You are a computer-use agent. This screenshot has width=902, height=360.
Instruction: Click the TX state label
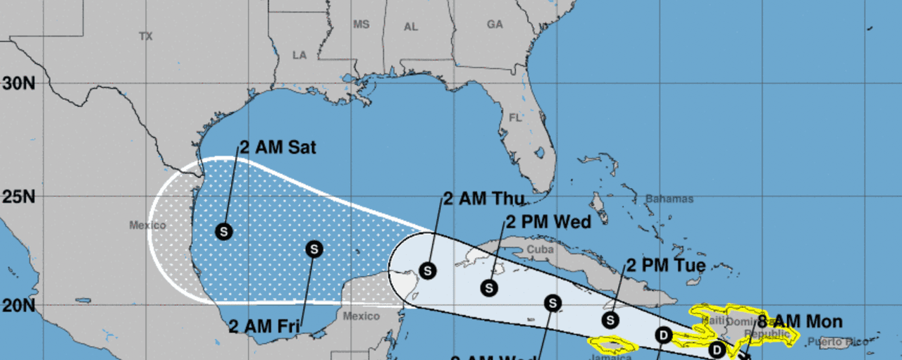point(146,36)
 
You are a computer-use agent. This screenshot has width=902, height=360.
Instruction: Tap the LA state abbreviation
point(299,55)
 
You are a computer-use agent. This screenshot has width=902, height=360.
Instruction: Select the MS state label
point(361,24)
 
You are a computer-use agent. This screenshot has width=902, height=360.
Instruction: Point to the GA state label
point(495,24)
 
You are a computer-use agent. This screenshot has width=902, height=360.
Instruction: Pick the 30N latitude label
point(19,83)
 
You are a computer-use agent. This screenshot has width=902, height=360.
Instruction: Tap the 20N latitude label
point(19,305)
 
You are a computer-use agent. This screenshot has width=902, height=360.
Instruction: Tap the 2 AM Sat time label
point(278,148)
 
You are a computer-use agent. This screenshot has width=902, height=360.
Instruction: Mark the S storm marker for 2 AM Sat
point(223,231)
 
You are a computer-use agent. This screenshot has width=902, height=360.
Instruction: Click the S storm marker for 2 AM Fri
point(314,249)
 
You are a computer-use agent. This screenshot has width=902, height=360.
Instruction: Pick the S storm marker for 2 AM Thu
point(428,270)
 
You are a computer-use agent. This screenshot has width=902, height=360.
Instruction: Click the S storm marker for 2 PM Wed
point(489,287)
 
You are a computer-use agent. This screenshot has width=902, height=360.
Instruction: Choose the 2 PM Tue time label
point(666,266)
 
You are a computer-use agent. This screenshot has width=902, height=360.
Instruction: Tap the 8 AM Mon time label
point(799,323)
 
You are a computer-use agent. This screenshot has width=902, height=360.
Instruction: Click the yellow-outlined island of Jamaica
point(612,345)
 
